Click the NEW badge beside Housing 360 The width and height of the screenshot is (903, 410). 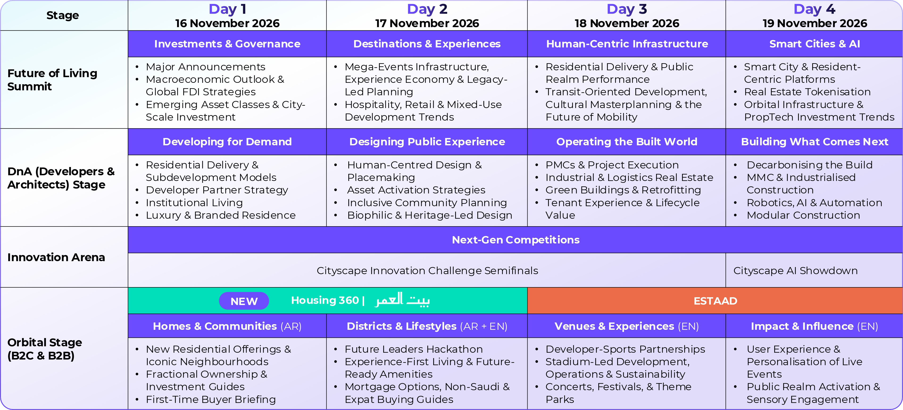click(x=244, y=301)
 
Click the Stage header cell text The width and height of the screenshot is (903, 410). click(x=63, y=15)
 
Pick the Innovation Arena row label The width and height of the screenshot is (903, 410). click(x=56, y=257)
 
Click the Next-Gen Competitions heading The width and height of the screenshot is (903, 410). click(x=516, y=240)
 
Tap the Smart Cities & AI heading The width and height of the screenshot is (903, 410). click(x=815, y=44)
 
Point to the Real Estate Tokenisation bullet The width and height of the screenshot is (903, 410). click(x=807, y=92)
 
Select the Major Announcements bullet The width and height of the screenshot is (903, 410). click(x=205, y=67)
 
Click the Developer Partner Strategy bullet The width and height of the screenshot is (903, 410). click(x=217, y=190)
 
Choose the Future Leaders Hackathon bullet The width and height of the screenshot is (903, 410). click(x=414, y=349)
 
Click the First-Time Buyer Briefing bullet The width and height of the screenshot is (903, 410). click(x=211, y=399)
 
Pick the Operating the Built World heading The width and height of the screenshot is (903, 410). click(x=627, y=142)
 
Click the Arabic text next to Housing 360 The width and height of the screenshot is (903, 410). click(x=402, y=300)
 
